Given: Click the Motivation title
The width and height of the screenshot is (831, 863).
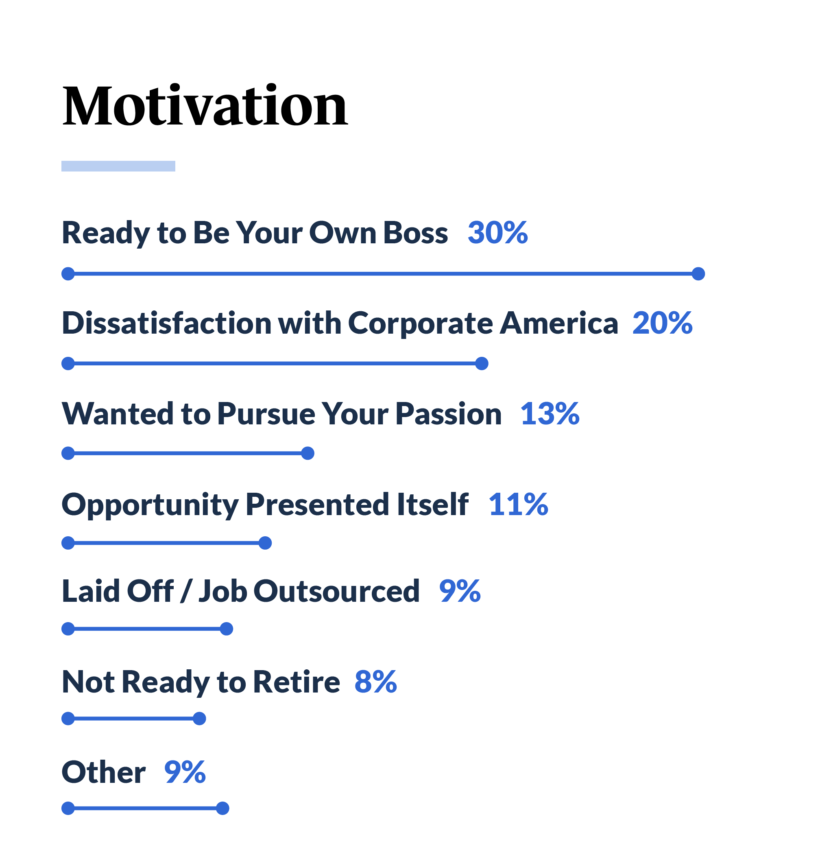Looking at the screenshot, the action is [x=205, y=106].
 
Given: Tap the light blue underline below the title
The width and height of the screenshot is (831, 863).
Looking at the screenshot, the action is [x=118, y=166].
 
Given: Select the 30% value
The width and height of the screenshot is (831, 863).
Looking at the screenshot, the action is [x=498, y=232].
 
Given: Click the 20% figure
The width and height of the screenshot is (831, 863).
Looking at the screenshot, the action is [x=663, y=323].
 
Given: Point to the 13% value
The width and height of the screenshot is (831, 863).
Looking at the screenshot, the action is [x=550, y=413].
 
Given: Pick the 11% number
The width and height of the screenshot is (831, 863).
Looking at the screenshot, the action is [x=519, y=504].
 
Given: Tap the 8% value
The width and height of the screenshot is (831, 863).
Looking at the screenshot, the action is [x=376, y=682].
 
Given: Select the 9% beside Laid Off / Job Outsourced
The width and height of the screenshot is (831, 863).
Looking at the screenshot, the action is [x=460, y=590].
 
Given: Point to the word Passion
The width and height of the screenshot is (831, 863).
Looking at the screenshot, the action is [x=449, y=414].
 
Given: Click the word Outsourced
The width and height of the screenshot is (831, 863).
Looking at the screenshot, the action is [x=336, y=591].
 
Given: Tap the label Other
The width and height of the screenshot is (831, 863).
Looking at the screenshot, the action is [x=103, y=772].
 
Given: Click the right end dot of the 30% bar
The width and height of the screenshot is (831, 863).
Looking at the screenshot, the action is [x=698, y=274].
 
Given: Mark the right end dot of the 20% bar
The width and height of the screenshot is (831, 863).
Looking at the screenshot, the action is [x=482, y=364].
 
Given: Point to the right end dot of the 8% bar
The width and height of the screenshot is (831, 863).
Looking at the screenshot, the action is [x=199, y=719].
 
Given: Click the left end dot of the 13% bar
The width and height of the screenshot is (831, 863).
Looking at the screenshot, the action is [x=68, y=453].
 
